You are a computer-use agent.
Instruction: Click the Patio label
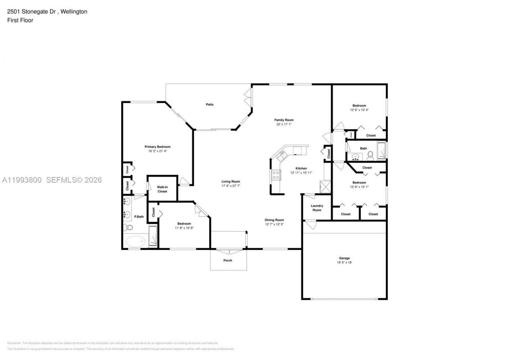pyautogui.click(x=210, y=105)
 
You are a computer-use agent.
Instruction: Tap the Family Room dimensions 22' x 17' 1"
pyautogui.click(x=284, y=124)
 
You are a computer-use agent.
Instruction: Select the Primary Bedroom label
pyautogui.click(x=157, y=147)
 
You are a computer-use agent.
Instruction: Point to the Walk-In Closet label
pyautogui.click(x=162, y=189)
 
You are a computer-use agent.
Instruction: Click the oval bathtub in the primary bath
pyautogui.click(x=136, y=241)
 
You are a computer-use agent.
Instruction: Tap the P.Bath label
pyautogui.click(x=139, y=217)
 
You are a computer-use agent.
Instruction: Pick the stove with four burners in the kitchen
pyautogui.click(x=275, y=175)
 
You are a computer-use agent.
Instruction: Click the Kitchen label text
pyautogui.click(x=301, y=168)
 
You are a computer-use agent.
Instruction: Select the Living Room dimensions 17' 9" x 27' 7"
pyautogui.click(x=231, y=186)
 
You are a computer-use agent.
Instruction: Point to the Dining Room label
pyautogui.click(x=274, y=220)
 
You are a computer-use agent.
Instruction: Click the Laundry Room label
pyautogui.click(x=317, y=208)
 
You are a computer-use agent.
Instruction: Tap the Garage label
pyautogui.click(x=344, y=258)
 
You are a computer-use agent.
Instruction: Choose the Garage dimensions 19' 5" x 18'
pyautogui.click(x=344, y=263)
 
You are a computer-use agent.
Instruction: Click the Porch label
pyautogui.click(x=227, y=261)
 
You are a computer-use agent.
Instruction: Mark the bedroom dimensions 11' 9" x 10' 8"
pyautogui.click(x=184, y=228)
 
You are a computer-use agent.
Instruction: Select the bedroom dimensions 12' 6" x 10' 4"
pyautogui.click(x=359, y=110)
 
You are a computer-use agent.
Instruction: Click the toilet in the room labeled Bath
pyautogui.click(x=370, y=155)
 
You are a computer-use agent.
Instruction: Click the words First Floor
pyautogui.click(x=20, y=20)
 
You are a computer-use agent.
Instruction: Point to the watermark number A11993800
pyautogui.click(x=22, y=180)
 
